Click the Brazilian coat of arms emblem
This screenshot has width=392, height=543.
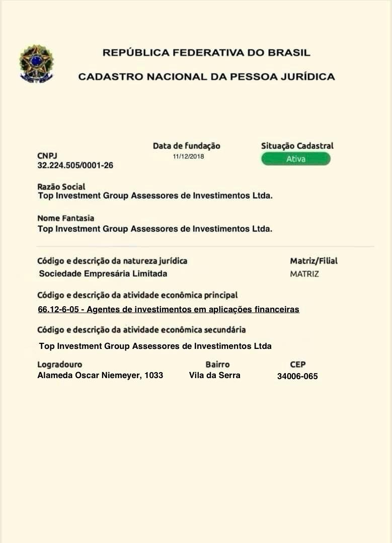(36, 64)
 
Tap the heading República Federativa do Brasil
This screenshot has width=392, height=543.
(206, 52)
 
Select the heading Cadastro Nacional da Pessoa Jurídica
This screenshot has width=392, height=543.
(206, 77)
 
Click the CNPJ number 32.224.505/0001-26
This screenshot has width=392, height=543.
(75, 165)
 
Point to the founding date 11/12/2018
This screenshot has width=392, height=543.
(188, 156)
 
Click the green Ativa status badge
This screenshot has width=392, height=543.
(296, 159)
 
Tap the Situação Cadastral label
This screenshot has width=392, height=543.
(297, 146)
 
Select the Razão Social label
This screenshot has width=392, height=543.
(61, 187)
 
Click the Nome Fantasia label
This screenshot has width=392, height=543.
(65, 218)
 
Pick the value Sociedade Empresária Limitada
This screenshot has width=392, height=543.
(103, 274)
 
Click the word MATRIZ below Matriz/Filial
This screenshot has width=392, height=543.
(304, 274)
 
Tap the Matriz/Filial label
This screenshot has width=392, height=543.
(313, 261)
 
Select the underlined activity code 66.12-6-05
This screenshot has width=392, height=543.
(58, 310)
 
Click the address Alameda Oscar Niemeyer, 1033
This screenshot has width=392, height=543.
(100, 375)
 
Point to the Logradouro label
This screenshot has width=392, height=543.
(59, 365)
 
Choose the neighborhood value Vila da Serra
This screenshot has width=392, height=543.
(215, 375)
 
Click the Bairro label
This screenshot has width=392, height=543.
(217, 365)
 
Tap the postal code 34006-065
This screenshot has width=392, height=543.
(297, 376)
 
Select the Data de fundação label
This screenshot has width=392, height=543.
(186, 146)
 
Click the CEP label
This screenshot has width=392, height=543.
(298, 365)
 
